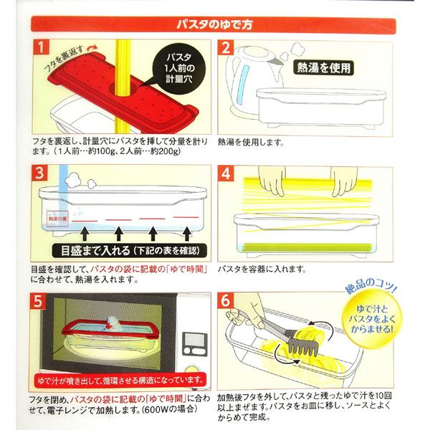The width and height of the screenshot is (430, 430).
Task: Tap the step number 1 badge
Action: (x=42, y=49)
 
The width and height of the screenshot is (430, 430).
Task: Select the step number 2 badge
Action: (x=226, y=49)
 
